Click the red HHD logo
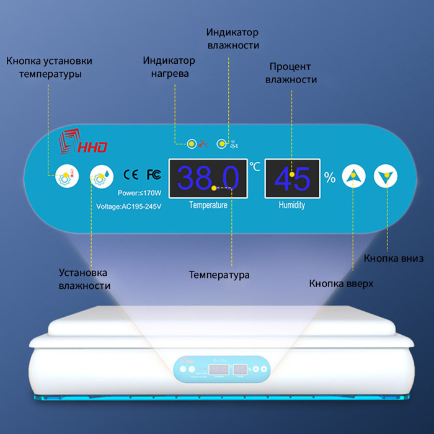click(x=82, y=141)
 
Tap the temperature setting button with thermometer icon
click(x=67, y=176)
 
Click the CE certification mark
click(x=131, y=174)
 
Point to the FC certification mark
click(x=154, y=174)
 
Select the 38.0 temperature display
click(x=208, y=179)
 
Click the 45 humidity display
click(x=292, y=179)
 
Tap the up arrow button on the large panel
click(x=353, y=176)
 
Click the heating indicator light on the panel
click(x=192, y=144)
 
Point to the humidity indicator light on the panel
click(x=221, y=144)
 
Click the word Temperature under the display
click(x=208, y=205)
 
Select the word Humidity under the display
click(x=292, y=205)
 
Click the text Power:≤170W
click(x=139, y=193)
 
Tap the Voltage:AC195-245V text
click(x=129, y=206)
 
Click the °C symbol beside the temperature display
click(x=255, y=166)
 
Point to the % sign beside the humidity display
click(x=330, y=177)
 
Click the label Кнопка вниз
click(x=393, y=259)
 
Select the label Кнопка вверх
click(x=341, y=284)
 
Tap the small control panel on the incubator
click(x=221, y=370)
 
